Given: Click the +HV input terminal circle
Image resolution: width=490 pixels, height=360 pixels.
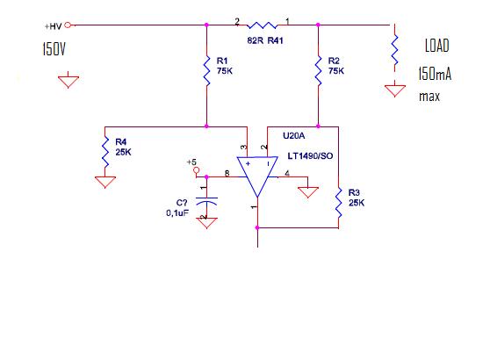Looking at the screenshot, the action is coord(68,25).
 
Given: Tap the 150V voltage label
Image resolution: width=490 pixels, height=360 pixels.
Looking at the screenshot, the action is coord(54,49).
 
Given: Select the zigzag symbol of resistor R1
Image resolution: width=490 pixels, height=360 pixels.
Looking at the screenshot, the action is coord(206,70).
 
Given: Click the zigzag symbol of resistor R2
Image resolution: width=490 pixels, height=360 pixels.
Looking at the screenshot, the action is coord(318,70).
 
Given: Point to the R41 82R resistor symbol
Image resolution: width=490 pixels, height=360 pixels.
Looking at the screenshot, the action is coord(263,25).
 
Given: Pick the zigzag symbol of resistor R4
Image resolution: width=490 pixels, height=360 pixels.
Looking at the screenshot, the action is coord(105,152).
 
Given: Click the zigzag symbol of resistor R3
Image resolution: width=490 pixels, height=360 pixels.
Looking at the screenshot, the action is coord(338,203).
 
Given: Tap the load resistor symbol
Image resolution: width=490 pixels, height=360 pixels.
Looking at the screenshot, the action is coord(395,50).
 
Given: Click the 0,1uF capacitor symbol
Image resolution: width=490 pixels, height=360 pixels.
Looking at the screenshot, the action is coord(206,201).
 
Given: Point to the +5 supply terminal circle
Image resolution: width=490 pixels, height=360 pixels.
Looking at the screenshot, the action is coord(196,170).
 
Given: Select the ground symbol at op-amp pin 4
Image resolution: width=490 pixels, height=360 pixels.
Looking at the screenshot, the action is coord(308,192).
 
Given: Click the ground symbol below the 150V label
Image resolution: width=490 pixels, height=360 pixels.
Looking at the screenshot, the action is coord(68,82).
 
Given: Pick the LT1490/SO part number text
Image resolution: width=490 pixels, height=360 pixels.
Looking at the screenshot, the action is coord(310,156).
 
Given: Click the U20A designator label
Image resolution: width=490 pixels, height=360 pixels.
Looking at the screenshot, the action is coord(294,135).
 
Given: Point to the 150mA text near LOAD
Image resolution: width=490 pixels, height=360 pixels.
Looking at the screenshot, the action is coord(435,74).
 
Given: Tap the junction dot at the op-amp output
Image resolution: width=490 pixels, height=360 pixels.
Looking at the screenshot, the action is coord(257,227).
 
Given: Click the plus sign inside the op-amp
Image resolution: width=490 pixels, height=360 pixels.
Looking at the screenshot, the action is coord(248,163).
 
